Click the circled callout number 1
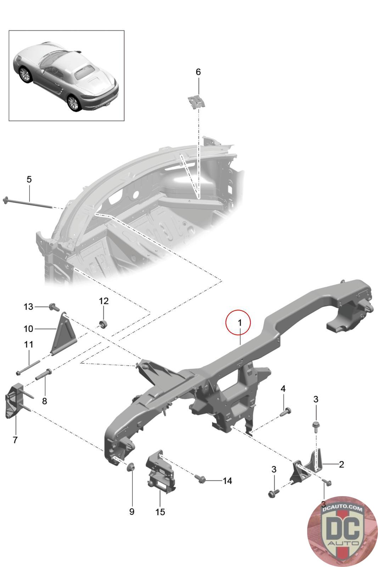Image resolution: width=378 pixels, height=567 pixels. [x=239, y=323]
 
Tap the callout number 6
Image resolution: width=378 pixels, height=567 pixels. [x=198, y=72]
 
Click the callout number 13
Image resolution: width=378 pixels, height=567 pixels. [x=28, y=307]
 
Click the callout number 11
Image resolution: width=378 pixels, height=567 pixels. [x=29, y=344]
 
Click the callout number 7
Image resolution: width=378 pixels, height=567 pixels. [x=15, y=440]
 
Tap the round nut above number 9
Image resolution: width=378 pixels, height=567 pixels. [x=130, y=467]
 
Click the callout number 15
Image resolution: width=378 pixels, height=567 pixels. [x=160, y=512]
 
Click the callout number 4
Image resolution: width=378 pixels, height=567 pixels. [x=283, y=389]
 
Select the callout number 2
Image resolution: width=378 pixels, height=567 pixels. [x=341, y=464]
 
